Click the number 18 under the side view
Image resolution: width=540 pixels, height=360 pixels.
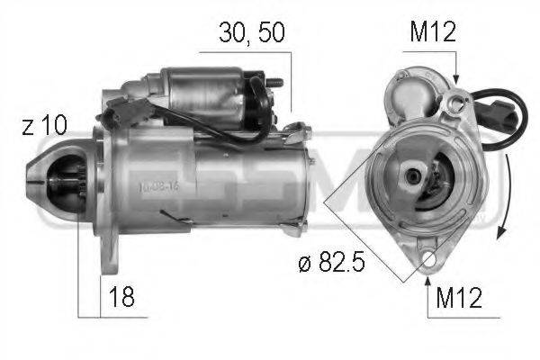123,297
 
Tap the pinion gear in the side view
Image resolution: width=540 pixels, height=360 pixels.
68,180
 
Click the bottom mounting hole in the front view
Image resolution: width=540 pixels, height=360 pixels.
428,262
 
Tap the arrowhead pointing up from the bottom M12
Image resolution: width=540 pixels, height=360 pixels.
427,279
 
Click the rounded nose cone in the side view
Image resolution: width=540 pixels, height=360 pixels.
45,177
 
